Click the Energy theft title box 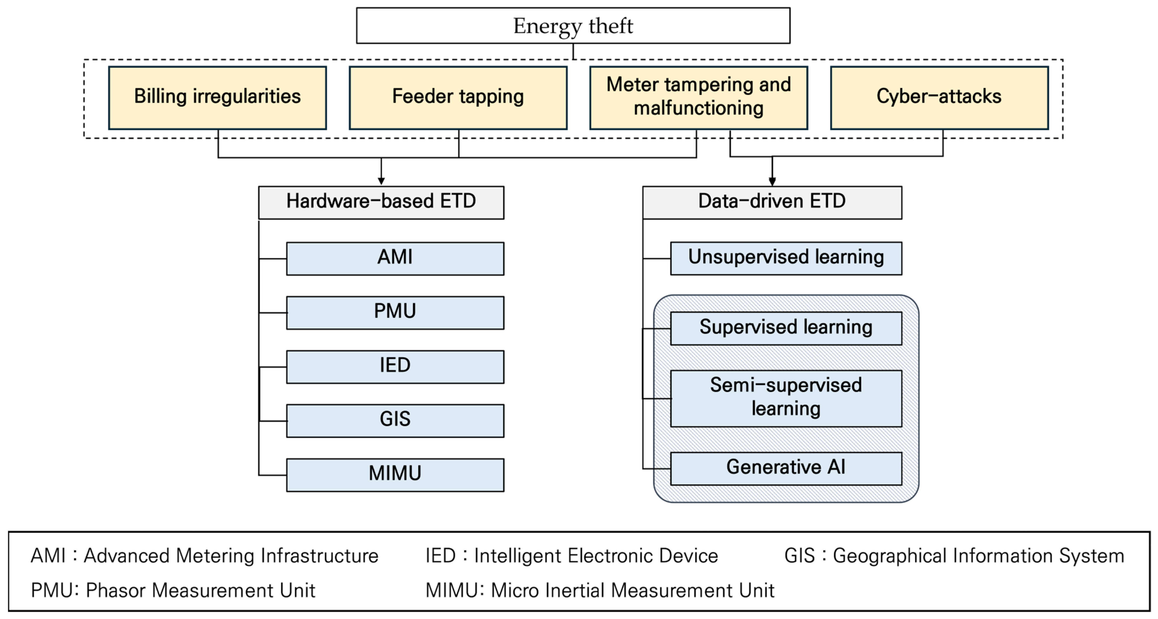coord(573,26)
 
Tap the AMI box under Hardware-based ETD coord(395,258)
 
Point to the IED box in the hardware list coord(395,366)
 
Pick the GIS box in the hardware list coord(395,420)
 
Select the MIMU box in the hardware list coord(395,474)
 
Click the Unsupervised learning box coord(786,258)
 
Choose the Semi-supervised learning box coord(786,398)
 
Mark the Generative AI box coord(786,468)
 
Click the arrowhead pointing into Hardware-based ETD coord(381,181)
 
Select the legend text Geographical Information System coord(978,556)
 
